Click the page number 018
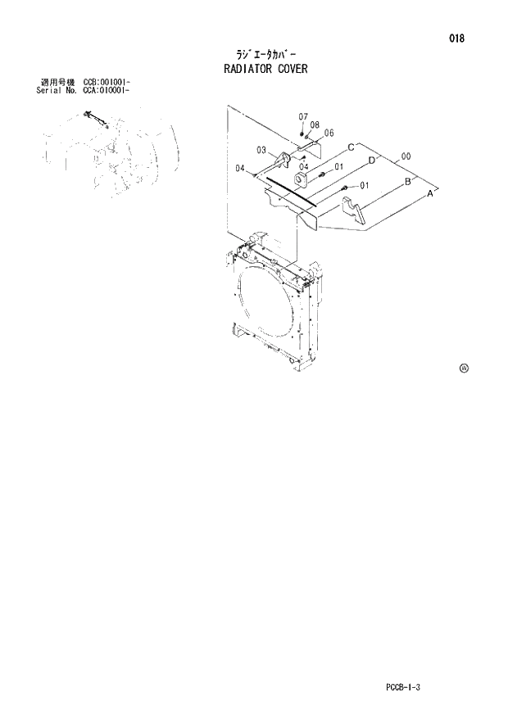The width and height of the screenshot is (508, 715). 457,38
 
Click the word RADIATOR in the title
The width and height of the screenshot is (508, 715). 252,69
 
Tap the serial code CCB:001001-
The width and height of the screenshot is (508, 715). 107,83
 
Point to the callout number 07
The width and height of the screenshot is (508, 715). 302,116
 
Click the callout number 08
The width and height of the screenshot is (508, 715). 315,124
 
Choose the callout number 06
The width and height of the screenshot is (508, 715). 329,133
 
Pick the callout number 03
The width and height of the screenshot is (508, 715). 261,150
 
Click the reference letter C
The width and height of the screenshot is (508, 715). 350,147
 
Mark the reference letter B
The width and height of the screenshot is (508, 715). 407,182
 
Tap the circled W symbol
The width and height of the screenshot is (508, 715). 464,369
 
